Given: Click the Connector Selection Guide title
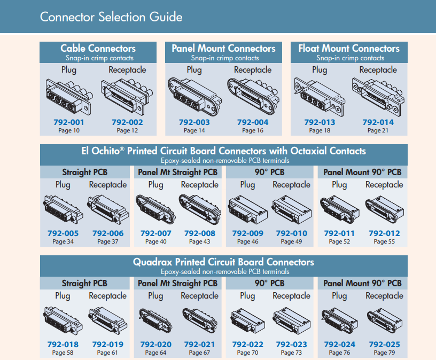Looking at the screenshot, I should coord(111,17).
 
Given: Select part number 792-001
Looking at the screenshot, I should coord(69,122).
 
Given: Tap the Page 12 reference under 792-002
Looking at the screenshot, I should coord(127,130).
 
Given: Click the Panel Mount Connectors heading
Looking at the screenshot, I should coord(223,49).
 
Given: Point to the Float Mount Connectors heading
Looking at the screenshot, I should coord(349,49).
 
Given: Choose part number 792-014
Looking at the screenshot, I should coord(378,122).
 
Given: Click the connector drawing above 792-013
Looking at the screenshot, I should coord(320,95).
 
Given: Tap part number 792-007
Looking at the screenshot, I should coord(155,233).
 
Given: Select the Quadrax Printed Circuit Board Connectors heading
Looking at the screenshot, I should coord(223,262).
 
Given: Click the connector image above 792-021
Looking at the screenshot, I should coord(199,319).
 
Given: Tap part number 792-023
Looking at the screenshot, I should coord(292,345).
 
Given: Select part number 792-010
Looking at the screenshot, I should coord(292,233).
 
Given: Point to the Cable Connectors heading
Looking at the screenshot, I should coord(98,49).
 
